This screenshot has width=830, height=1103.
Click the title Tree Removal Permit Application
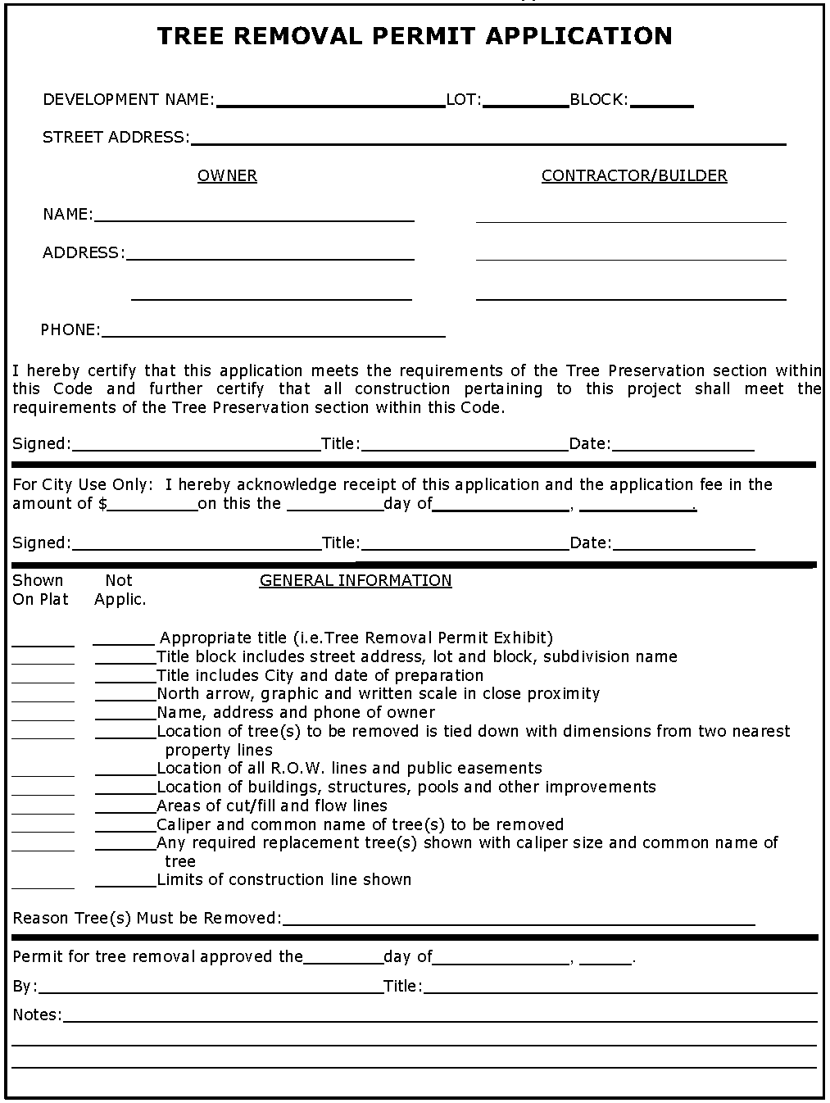(414, 36)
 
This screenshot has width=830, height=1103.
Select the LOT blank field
(525, 101)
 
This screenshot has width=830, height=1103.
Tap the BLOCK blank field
(662, 101)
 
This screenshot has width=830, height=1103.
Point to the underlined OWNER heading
(227, 176)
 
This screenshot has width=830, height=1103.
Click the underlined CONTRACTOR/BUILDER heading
(634, 176)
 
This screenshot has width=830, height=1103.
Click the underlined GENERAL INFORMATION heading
(356, 581)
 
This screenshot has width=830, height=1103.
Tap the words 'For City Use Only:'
(83, 485)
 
